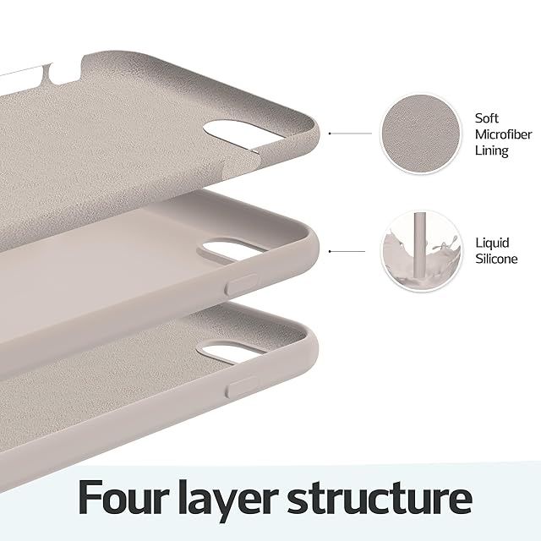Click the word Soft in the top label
click(x=487, y=118)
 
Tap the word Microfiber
click(x=504, y=134)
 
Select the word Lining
click(x=492, y=150)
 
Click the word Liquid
click(x=492, y=243)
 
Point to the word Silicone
click(x=496, y=259)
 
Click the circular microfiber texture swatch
click(x=421, y=134)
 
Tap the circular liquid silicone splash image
click(x=422, y=252)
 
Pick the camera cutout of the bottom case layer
click(x=232, y=352)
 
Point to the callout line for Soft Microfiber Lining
click(x=351, y=134)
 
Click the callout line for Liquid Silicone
click(x=347, y=252)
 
